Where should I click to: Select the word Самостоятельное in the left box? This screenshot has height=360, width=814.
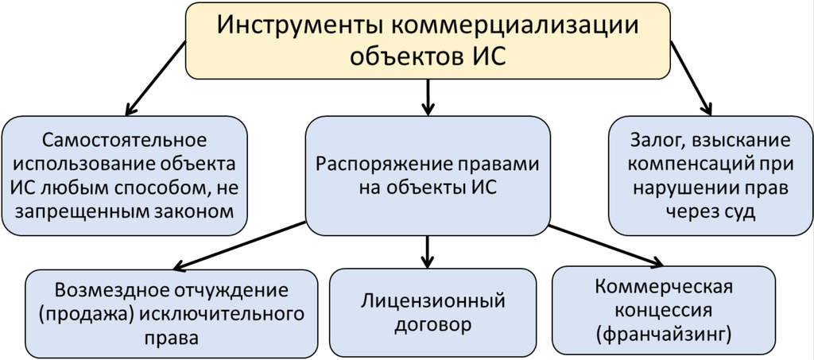click(125, 141)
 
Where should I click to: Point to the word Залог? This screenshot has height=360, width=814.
click(654, 141)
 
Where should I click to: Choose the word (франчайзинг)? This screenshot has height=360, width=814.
click(662, 333)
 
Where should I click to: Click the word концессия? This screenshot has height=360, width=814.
click(662, 309)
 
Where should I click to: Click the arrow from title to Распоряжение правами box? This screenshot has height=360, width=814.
click(428, 95)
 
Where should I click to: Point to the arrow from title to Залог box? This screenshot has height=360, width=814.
click(691, 79)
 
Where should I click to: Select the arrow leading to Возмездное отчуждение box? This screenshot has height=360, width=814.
click(238, 247)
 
